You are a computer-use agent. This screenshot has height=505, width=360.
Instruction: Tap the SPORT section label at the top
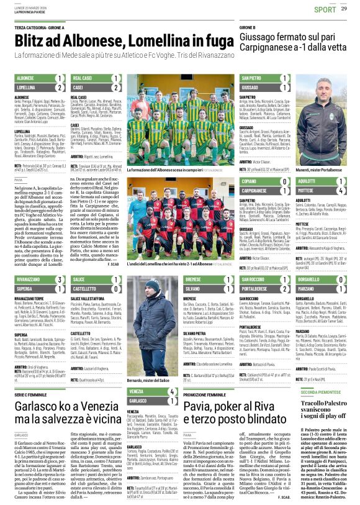[x=325, y=9]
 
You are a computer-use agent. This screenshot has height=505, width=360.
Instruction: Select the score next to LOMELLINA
[x=61, y=88]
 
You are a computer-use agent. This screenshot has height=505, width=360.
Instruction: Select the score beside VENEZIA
[x=171, y=393]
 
